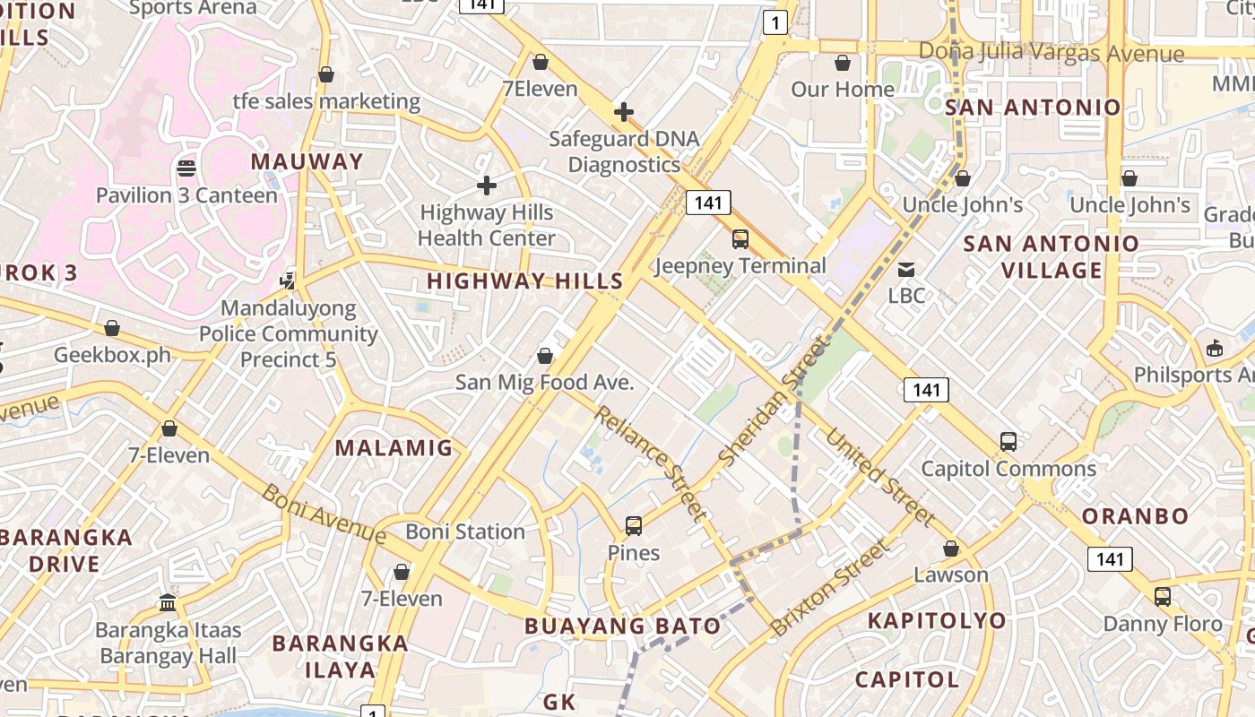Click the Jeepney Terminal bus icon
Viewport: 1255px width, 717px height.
(740, 239)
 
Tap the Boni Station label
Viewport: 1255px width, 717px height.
(465, 531)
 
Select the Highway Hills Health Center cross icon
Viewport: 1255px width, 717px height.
(487, 186)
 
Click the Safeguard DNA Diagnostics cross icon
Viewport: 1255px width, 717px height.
(624, 113)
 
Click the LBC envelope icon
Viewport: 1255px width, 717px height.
(906, 269)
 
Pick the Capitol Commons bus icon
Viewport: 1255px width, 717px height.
(1008, 442)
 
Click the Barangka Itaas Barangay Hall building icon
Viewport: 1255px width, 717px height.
(168, 602)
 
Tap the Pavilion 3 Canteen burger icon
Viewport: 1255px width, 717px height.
(186, 168)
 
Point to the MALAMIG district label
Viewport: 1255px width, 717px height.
(394, 448)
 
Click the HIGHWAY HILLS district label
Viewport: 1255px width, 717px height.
(524, 281)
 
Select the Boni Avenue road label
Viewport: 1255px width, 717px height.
(324, 514)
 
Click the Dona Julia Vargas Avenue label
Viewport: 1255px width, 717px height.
(1052, 53)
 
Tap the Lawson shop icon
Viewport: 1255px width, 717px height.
(951, 549)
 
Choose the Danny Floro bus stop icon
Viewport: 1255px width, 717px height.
(1163, 596)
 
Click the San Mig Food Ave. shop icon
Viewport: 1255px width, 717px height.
(545, 356)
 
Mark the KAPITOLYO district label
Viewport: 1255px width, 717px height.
(937, 620)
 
